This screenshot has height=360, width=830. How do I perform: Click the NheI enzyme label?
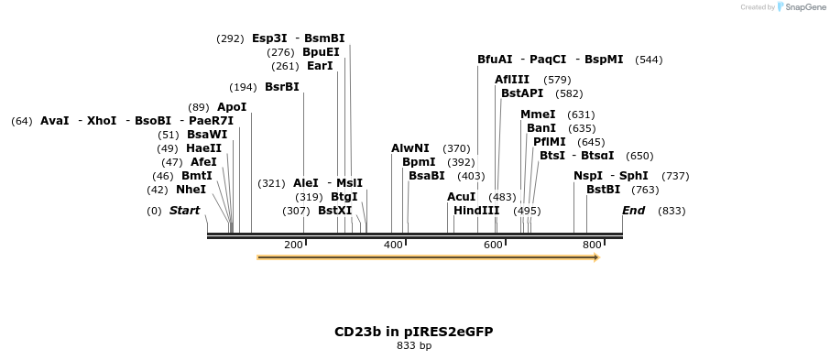click(x=191, y=190)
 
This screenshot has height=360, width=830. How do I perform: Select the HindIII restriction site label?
click(x=476, y=211)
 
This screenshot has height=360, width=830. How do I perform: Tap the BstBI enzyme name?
click(x=604, y=190)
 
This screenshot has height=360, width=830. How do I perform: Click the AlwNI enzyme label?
click(x=410, y=148)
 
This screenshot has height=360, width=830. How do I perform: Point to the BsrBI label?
click(x=281, y=87)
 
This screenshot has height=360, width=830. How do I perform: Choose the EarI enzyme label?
click(x=320, y=66)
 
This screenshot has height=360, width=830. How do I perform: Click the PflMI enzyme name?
click(x=550, y=142)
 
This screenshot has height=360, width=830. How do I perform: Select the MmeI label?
click(x=538, y=115)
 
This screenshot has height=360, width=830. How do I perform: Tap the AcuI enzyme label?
click(x=461, y=197)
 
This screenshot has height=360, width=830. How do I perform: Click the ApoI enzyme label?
click(x=232, y=107)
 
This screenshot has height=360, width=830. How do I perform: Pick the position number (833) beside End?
click(x=672, y=211)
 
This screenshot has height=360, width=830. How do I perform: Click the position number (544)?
click(x=649, y=60)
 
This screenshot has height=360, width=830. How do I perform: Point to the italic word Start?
click(x=184, y=211)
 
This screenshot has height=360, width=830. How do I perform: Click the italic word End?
click(x=633, y=211)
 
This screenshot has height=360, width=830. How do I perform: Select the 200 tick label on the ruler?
click(x=293, y=245)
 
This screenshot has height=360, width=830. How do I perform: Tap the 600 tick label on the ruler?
click(x=493, y=245)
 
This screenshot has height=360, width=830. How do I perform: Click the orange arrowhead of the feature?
click(x=595, y=257)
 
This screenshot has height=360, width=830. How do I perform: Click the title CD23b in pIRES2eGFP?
click(x=413, y=332)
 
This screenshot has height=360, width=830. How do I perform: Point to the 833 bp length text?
click(x=413, y=346)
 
